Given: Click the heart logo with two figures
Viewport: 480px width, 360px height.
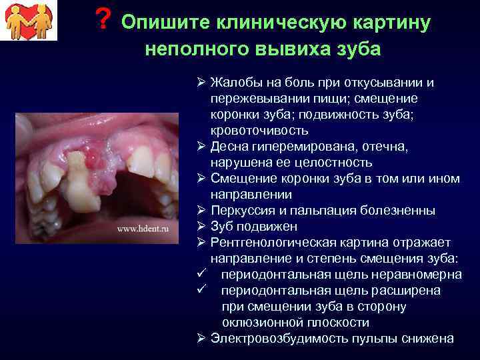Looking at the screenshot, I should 29,21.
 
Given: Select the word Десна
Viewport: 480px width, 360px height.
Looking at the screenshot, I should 229,147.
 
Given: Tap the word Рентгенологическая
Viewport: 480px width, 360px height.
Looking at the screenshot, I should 276,243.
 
